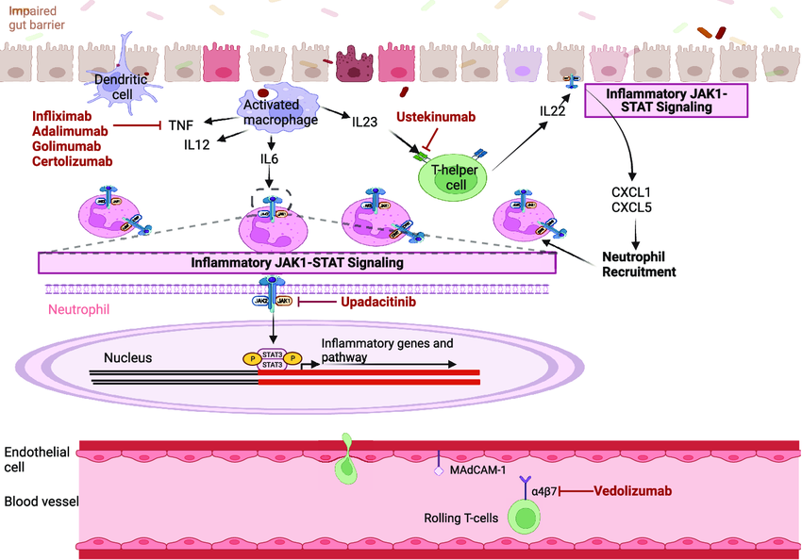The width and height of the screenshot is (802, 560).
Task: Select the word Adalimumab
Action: (x=70, y=130)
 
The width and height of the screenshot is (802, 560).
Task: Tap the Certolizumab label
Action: (x=72, y=161)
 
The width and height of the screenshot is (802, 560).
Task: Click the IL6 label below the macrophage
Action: (x=270, y=159)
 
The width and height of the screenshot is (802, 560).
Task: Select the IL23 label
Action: (x=365, y=123)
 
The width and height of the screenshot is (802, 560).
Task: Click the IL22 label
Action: (x=554, y=111)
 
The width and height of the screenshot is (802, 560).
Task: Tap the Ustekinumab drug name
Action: (x=435, y=116)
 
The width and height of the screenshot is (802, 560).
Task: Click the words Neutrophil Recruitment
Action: (x=640, y=264)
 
